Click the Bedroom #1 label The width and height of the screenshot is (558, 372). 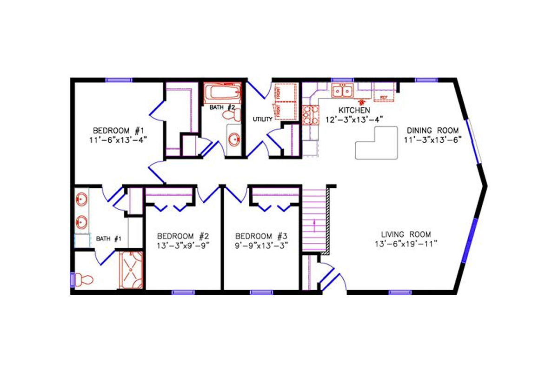114,130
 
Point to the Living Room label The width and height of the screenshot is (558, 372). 406,234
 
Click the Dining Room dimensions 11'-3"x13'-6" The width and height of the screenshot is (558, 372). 431,139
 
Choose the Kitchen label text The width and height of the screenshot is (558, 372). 354,110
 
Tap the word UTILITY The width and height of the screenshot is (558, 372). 262,120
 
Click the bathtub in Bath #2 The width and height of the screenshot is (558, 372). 223,92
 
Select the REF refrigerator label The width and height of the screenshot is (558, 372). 384,97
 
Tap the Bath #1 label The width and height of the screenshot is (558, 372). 109,239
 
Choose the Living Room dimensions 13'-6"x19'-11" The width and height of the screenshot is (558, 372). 406,244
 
